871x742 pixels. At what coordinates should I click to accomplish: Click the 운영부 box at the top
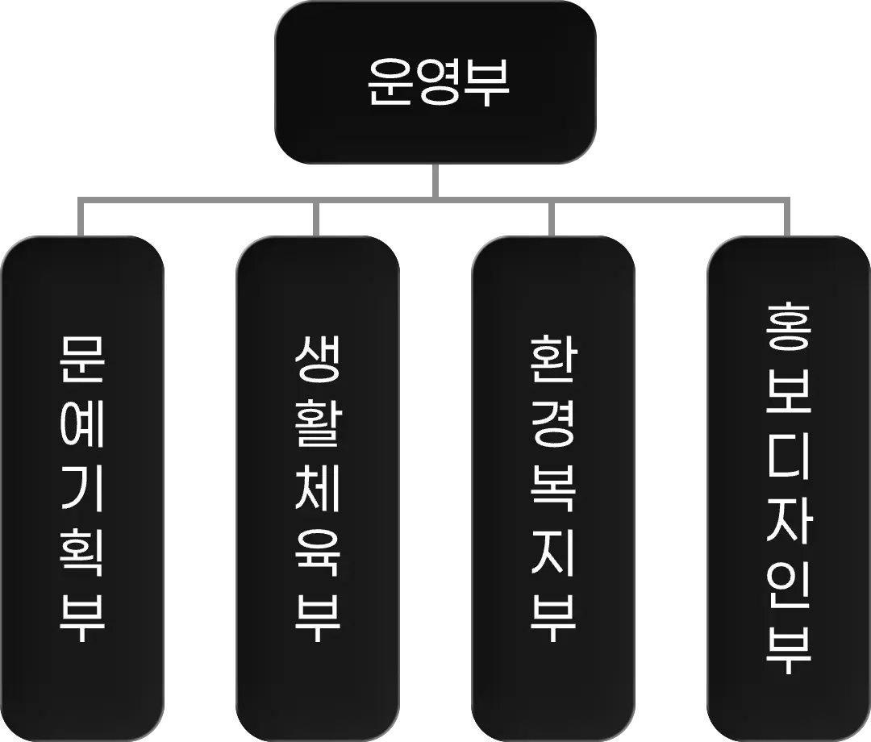point(436,85)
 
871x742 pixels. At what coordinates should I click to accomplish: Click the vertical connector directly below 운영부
point(436,180)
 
